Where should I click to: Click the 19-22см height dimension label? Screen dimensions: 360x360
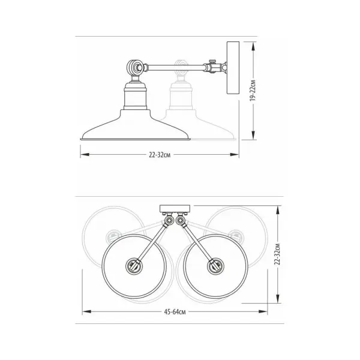253,91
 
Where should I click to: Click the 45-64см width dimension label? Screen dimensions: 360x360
175,312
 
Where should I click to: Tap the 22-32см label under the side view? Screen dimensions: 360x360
160,155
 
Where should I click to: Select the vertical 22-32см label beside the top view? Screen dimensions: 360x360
278,254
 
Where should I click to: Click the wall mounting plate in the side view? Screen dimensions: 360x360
233,67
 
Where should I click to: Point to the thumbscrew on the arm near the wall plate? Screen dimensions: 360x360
212,61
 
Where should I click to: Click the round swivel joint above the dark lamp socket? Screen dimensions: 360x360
134,67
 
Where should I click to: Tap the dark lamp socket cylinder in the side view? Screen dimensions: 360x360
135,96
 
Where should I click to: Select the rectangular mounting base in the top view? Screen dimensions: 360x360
175,209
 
